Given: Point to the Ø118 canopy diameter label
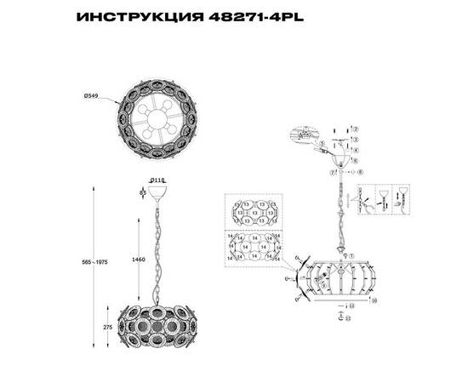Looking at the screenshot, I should [x=157, y=180].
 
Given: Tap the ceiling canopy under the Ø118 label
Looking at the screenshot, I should [x=157, y=191].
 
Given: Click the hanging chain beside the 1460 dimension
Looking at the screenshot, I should [x=157, y=247].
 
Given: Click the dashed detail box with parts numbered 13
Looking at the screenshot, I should [x=254, y=212].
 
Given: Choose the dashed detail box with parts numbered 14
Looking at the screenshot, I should [x=254, y=248].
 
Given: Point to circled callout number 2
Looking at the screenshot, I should [x=357, y=129].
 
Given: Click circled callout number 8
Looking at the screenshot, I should [x=361, y=172].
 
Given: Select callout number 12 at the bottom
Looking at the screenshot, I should [x=347, y=320].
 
